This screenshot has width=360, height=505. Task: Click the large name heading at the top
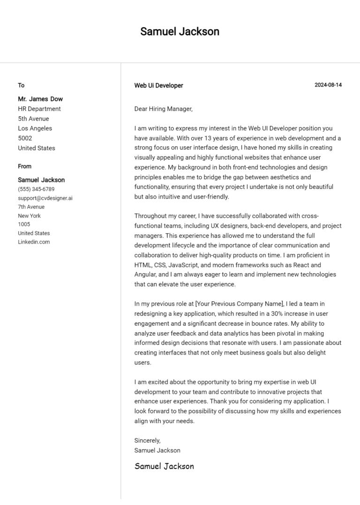click(x=180, y=31)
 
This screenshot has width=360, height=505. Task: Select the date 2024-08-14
click(x=328, y=85)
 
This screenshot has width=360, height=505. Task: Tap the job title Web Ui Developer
click(x=158, y=86)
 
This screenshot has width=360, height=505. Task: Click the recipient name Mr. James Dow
click(x=40, y=99)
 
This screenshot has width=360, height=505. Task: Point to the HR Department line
click(x=39, y=109)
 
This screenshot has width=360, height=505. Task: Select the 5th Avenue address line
click(x=33, y=119)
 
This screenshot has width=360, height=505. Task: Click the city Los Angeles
click(x=35, y=128)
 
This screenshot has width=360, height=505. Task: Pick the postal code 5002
click(x=25, y=138)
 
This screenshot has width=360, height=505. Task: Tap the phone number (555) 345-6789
click(x=36, y=189)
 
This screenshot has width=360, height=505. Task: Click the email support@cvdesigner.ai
click(x=45, y=198)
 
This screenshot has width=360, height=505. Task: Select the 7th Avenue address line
click(x=31, y=207)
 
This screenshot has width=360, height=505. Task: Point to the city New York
click(x=29, y=216)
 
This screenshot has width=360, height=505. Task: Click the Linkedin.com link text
click(x=34, y=242)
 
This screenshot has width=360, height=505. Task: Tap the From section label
click(x=25, y=166)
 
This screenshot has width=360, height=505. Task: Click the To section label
click(x=21, y=85)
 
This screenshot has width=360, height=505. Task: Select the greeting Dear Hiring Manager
click(x=163, y=109)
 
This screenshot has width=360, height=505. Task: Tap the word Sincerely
click(x=147, y=440)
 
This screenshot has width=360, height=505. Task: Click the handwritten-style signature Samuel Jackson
click(x=164, y=466)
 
